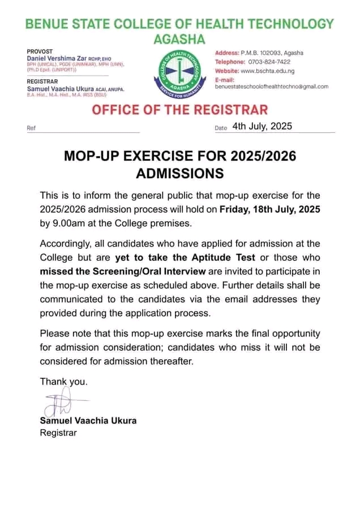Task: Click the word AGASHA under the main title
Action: point(180,38)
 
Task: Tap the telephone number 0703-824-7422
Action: point(269,62)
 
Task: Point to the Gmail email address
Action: point(272,87)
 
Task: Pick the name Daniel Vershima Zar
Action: point(59,58)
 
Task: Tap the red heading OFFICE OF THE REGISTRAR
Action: point(180,109)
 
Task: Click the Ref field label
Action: point(31,128)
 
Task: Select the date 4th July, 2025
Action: point(262,126)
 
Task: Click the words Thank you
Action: point(63,382)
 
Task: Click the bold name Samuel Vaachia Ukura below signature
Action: point(88,421)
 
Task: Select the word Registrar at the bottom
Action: point(58,433)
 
